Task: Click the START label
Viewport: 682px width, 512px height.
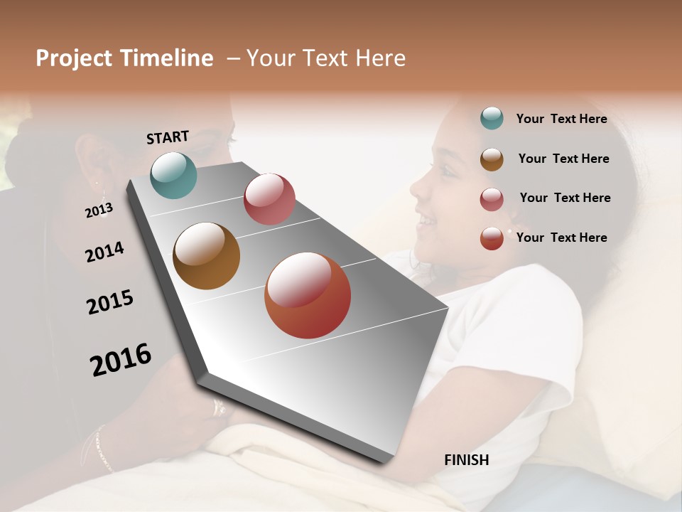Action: tap(168, 137)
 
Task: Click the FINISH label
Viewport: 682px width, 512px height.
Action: tap(466, 460)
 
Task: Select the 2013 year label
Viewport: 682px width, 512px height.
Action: tap(99, 210)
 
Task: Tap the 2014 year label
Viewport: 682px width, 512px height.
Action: tap(104, 252)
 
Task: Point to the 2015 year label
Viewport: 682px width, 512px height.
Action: tap(110, 302)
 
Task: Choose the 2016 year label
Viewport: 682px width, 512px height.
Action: tap(121, 359)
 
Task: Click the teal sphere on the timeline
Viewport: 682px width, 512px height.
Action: tap(173, 175)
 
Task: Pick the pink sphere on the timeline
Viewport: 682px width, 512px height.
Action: tap(269, 199)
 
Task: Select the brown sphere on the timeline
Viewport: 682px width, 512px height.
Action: tap(206, 256)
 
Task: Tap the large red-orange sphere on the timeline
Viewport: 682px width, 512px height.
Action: tap(308, 295)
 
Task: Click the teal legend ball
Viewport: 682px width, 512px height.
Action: tap(492, 119)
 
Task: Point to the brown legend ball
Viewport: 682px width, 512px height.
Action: tap(492, 159)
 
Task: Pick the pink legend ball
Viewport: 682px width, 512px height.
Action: tap(492, 199)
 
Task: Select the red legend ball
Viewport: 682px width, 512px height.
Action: tap(492, 238)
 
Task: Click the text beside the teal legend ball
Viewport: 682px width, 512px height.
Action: tap(561, 119)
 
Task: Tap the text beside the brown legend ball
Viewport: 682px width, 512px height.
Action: tap(563, 159)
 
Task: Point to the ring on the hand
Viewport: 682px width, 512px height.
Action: tap(219, 407)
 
